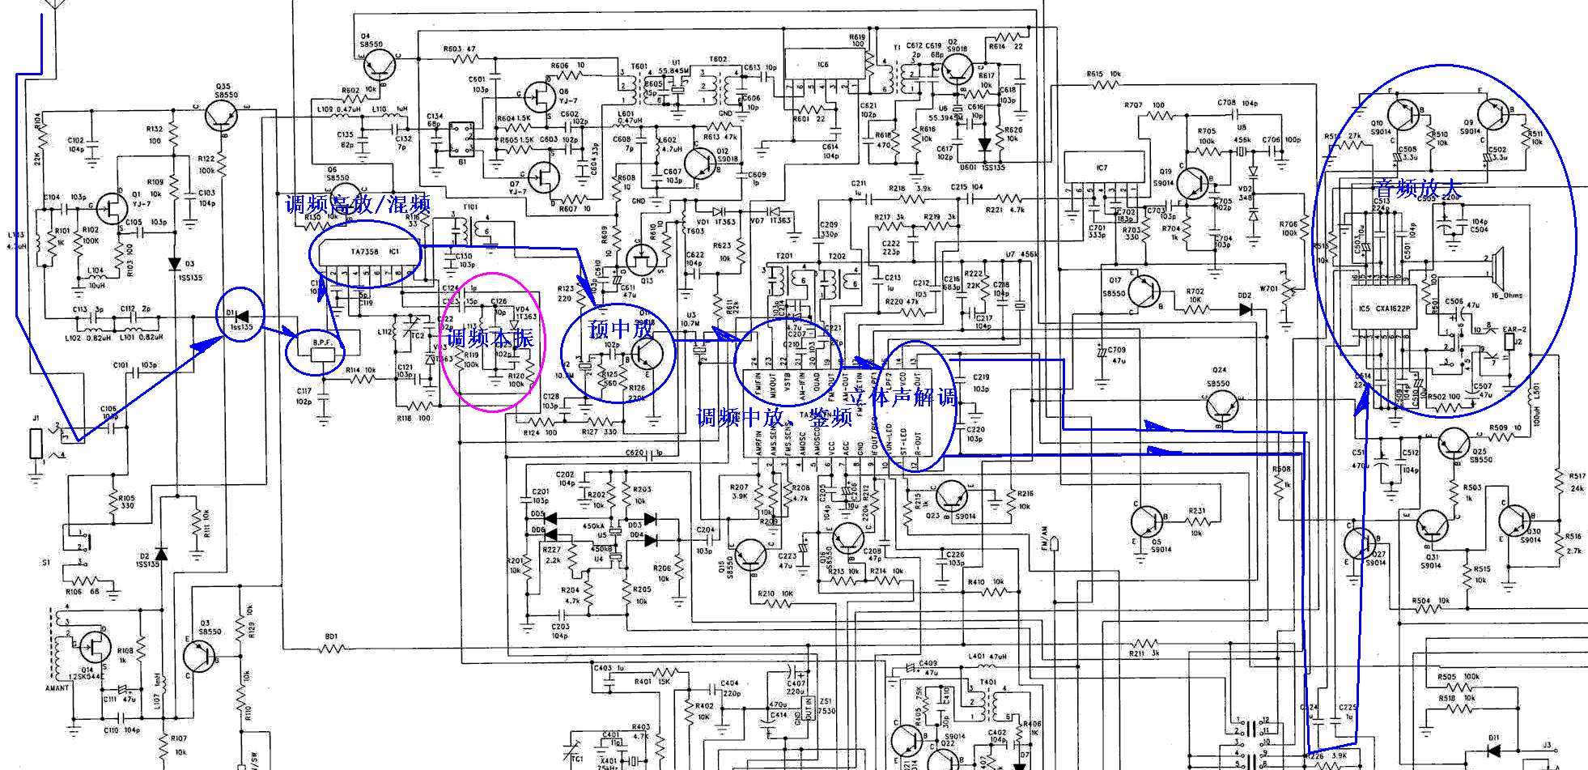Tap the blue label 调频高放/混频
(357, 204)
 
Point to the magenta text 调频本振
(490, 338)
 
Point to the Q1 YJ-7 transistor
(110, 208)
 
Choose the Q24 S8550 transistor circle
(1220, 407)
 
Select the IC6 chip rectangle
(822, 65)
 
